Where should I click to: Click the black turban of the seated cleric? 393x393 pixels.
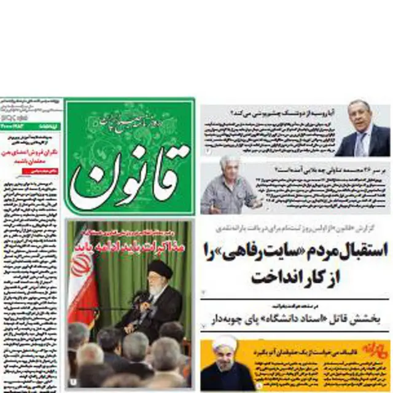[x=160, y=268]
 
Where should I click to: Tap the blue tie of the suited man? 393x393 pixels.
[x=363, y=144]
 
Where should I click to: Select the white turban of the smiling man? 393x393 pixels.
[x=224, y=344]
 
